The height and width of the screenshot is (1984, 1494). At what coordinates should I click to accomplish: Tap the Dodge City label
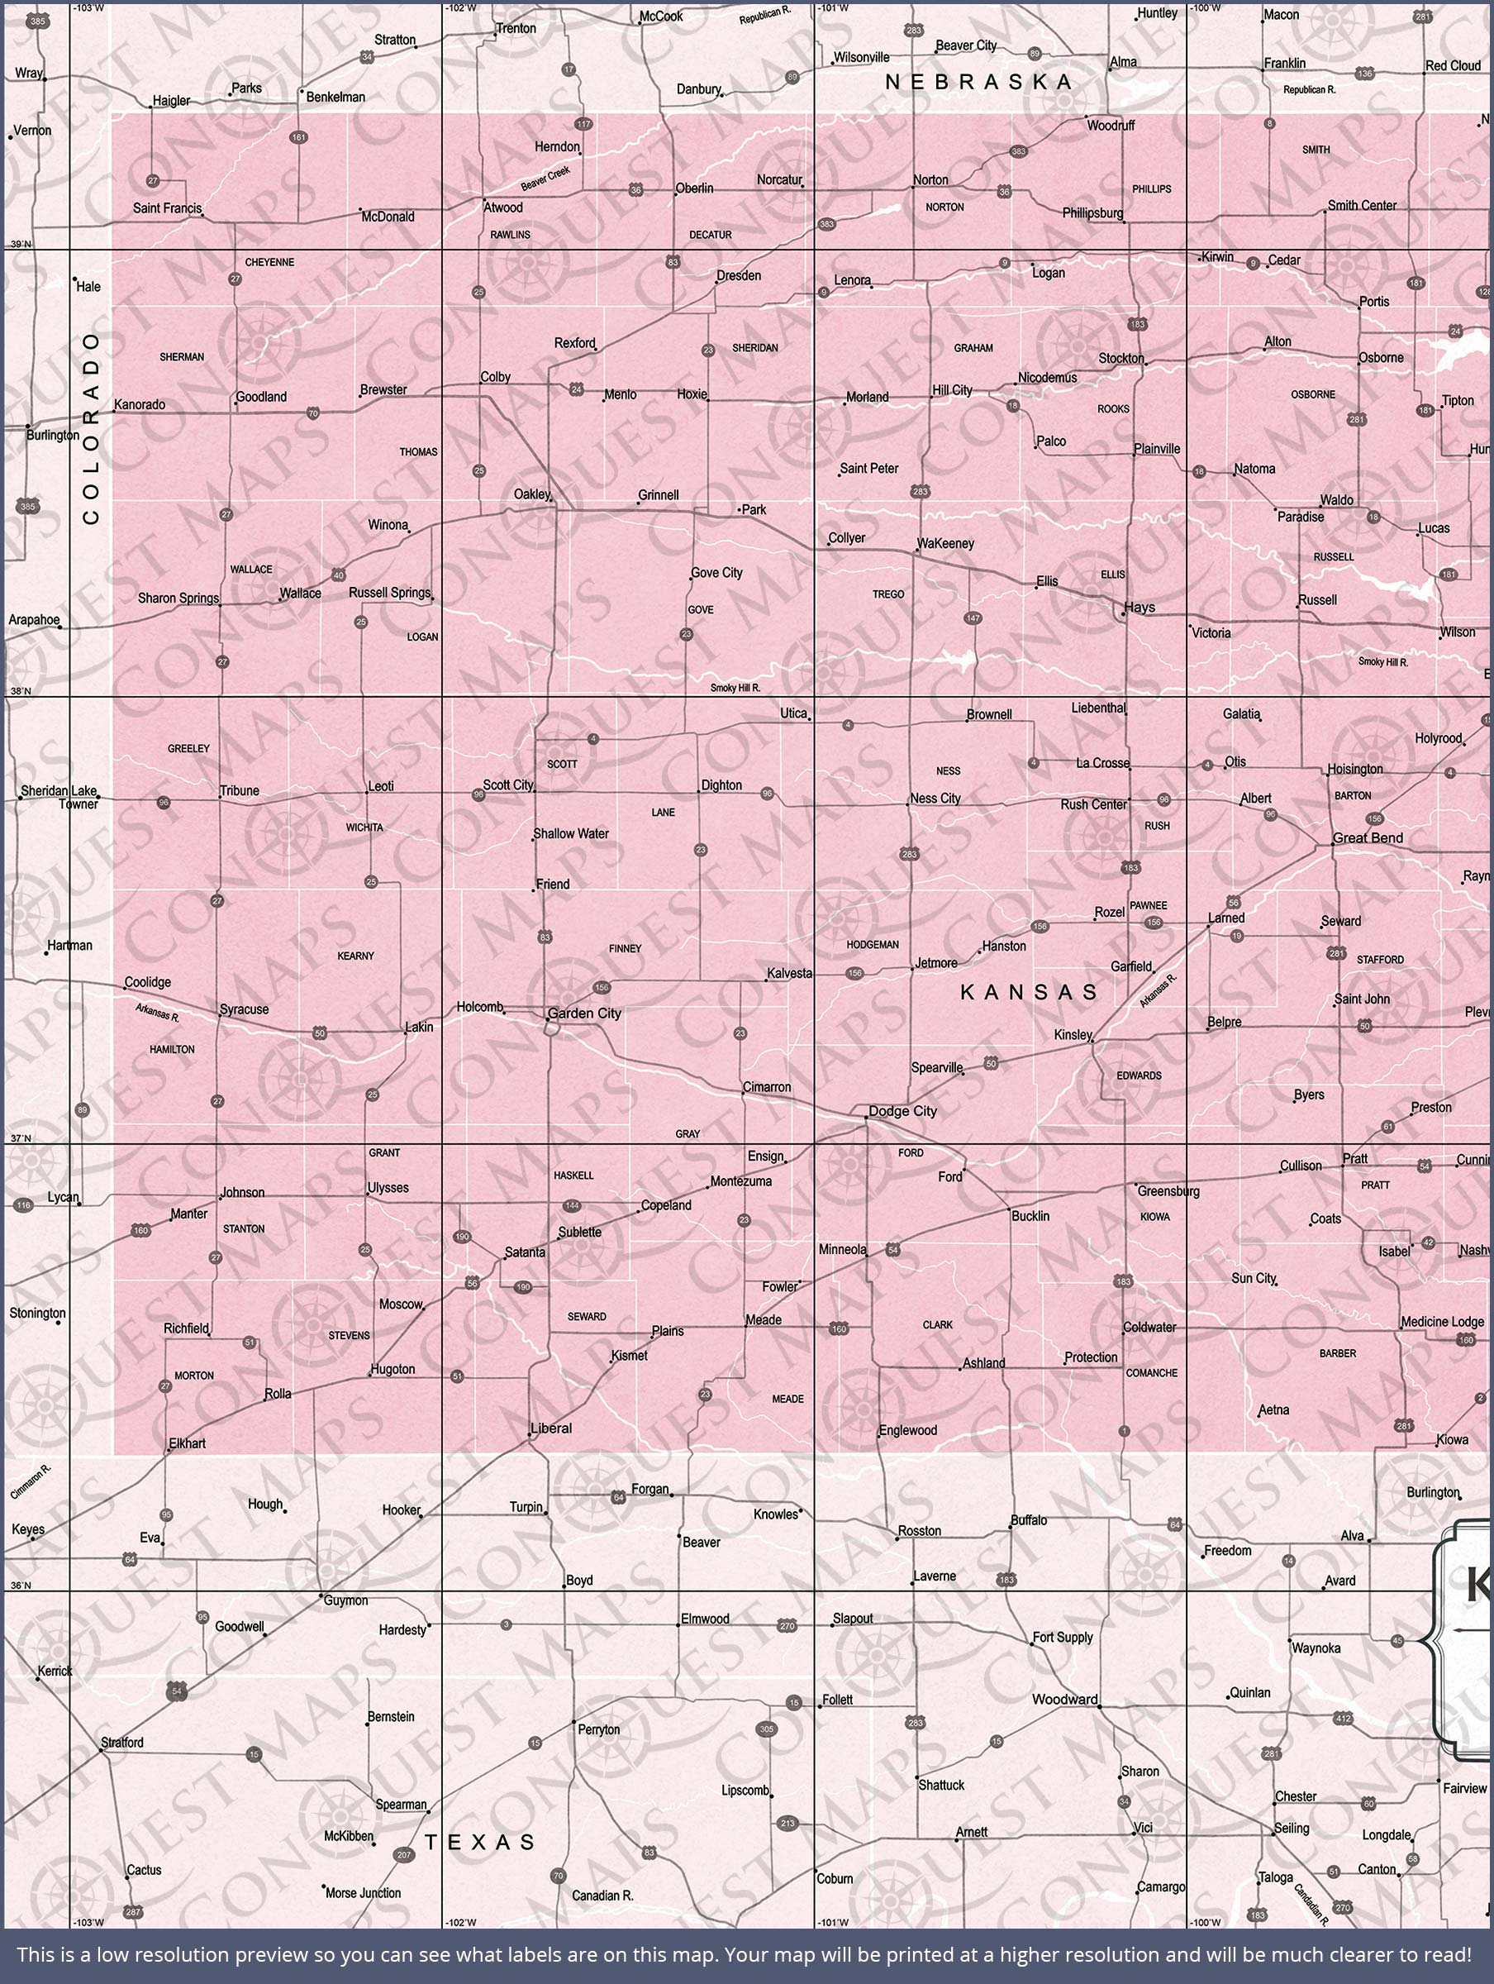click(x=902, y=1111)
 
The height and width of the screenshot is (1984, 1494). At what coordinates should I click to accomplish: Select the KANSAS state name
click(x=1030, y=992)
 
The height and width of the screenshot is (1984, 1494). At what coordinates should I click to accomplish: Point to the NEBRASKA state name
click(x=979, y=82)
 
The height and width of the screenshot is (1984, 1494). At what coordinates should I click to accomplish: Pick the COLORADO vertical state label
click(x=92, y=428)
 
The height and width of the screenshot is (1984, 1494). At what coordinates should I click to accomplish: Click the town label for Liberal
click(x=550, y=1428)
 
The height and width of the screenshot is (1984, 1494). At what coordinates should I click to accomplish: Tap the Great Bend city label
click(x=1368, y=837)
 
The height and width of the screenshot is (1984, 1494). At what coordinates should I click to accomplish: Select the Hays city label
click(x=1140, y=608)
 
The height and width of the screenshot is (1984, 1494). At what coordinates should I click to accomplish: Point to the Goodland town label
click(x=261, y=397)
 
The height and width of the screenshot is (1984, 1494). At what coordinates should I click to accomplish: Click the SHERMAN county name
click(x=182, y=357)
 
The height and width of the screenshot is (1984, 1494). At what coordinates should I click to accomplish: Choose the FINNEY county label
click(x=625, y=948)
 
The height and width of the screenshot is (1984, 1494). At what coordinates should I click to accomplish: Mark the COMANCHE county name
click(x=1151, y=1372)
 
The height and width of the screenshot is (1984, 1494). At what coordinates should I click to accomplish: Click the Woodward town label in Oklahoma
click(x=1064, y=1699)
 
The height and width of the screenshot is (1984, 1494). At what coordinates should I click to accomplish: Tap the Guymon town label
click(x=345, y=1600)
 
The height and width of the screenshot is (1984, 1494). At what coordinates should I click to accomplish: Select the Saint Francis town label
click(x=168, y=208)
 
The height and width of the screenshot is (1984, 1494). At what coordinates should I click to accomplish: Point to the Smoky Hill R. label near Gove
click(x=735, y=688)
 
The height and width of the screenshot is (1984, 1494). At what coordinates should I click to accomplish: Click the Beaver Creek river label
click(x=545, y=179)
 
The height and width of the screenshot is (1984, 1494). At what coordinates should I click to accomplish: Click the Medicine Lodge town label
click(x=1442, y=1321)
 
